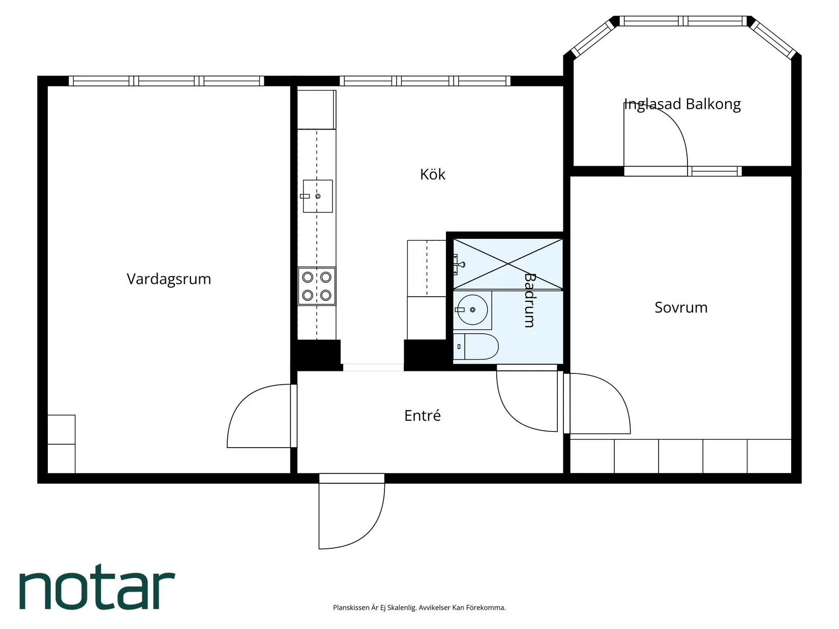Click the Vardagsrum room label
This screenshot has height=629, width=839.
(x=169, y=279)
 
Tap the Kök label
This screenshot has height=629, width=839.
(x=432, y=175)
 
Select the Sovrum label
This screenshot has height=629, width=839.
(x=681, y=307)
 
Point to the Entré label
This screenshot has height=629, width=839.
(x=423, y=415)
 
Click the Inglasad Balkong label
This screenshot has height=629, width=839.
(x=682, y=104)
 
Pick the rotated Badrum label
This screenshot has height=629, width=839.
(x=530, y=300)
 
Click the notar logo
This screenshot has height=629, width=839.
(x=97, y=587)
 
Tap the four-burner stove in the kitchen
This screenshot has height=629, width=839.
(x=316, y=286)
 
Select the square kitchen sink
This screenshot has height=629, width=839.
(x=318, y=196)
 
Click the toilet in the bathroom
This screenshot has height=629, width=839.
(x=475, y=347)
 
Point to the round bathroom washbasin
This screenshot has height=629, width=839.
(x=472, y=310)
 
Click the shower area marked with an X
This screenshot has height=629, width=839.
(x=507, y=264)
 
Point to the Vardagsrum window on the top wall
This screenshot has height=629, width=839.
(x=166, y=81)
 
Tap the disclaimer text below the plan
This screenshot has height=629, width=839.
(x=420, y=608)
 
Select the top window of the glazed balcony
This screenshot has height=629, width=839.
(x=683, y=21)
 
